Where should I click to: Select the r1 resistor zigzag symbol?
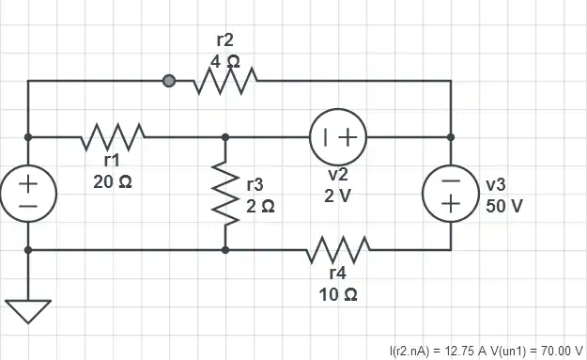click(112, 137)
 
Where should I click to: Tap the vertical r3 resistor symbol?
click(225, 193)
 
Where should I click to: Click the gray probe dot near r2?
click(169, 82)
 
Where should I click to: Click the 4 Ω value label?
click(225, 60)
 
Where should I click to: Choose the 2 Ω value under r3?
click(260, 205)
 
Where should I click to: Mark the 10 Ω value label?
click(338, 294)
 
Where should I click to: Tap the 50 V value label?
click(504, 205)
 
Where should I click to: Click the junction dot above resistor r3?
click(225, 137)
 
